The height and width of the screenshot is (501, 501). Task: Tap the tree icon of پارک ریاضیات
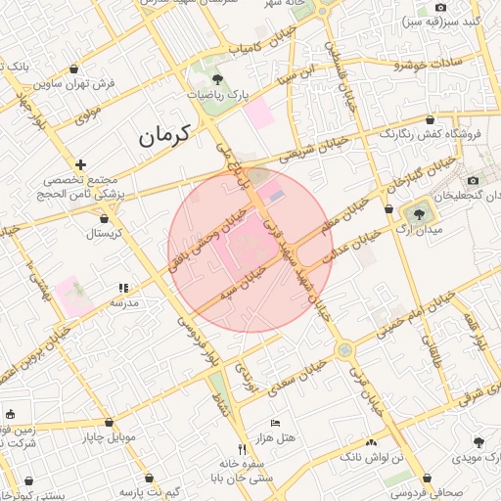(x=217, y=81)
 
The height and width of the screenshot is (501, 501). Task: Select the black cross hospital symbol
(x=80, y=164)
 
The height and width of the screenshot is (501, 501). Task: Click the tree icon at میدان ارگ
(x=420, y=212)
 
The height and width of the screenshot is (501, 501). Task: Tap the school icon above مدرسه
(x=123, y=289)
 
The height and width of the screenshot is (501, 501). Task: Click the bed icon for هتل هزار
(x=275, y=422)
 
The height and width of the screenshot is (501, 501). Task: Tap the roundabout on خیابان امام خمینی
(x=343, y=349)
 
